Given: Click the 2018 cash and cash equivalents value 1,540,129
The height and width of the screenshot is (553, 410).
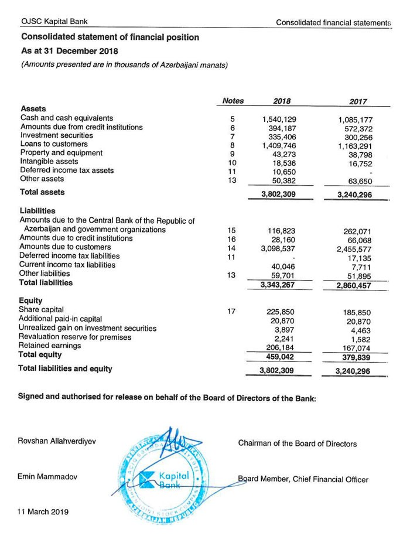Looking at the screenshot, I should click(280, 119).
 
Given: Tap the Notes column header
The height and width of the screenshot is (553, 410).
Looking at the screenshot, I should click(233, 101).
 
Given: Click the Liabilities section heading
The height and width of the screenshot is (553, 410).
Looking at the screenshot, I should click(37, 211).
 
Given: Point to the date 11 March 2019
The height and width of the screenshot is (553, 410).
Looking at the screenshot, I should click(43, 511).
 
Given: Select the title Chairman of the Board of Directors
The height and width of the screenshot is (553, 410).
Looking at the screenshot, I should click(297, 443).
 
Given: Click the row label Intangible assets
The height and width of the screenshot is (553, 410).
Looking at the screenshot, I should click(49, 162).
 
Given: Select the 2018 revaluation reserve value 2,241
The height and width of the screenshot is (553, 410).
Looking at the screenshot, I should click(284, 339).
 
